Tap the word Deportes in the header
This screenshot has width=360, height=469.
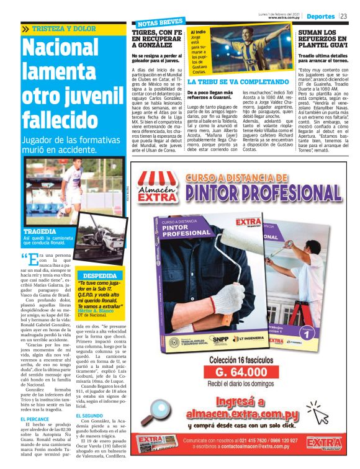pos(321,16)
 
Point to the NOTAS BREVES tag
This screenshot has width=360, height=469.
pos(155,23)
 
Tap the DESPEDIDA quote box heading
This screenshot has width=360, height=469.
pos(99,275)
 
